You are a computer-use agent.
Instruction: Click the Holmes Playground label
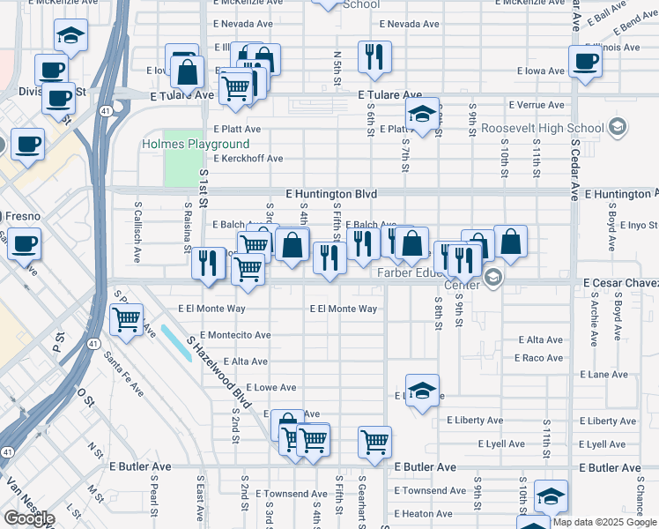click(196, 144)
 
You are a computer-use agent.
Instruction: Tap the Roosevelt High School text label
click(543, 128)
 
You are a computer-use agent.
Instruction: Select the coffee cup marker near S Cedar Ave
click(586, 63)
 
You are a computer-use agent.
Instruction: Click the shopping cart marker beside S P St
click(127, 319)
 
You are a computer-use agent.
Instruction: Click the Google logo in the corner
click(28, 518)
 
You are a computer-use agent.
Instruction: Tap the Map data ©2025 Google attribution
click(604, 522)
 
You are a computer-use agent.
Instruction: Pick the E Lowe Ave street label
click(270, 387)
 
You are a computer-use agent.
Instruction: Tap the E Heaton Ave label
click(423, 513)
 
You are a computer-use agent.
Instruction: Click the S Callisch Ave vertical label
click(137, 233)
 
